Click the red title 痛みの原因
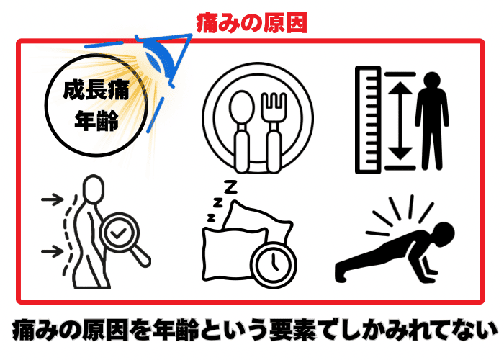coord(251,23)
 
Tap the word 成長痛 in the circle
coord(96,90)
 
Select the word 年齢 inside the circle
coord(96,121)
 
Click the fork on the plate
coord(274,132)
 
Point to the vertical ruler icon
coord(368,120)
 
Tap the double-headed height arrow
coord(400,120)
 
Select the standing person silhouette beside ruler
coord(432,121)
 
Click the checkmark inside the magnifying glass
coord(118,233)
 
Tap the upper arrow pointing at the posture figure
coord(53,199)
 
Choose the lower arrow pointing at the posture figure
coord(53,251)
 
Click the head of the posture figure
coord(94,189)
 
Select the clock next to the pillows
coord(273,264)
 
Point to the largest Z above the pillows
coord(230,187)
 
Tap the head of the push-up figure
coord(444,234)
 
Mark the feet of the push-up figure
coord(341,272)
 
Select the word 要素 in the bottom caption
coord(292,330)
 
